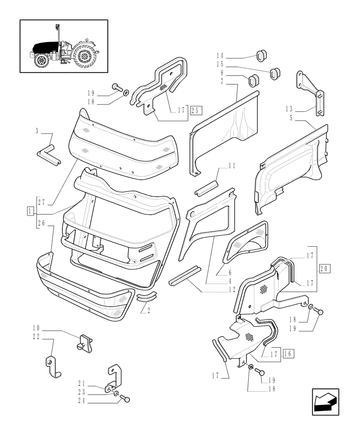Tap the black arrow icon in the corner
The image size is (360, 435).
tap(325, 401)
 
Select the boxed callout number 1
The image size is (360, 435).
tap(30, 212)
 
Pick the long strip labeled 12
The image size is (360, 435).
tap(184, 277)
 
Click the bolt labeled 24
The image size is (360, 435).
tap(126, 398)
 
